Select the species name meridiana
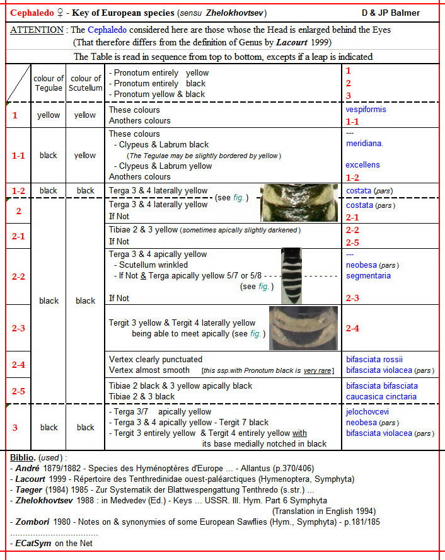coord(365,144)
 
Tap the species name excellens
coord(363,165)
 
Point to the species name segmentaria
coord(368,276)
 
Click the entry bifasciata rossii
coord(374,360)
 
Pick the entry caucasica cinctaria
coord(381,397)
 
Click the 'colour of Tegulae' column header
coord(49,83)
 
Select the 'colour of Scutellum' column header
coord(86,83)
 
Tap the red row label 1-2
coord(18,191)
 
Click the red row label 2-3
coord(18,328)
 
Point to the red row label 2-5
coord(18,391)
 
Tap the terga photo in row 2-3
coord(303,328)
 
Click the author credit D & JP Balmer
coord(391,13)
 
